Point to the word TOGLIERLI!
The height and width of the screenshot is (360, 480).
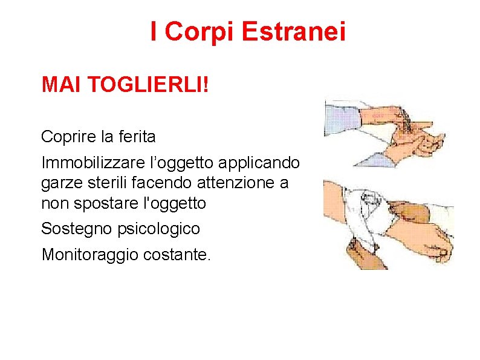(x=148, y=85)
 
